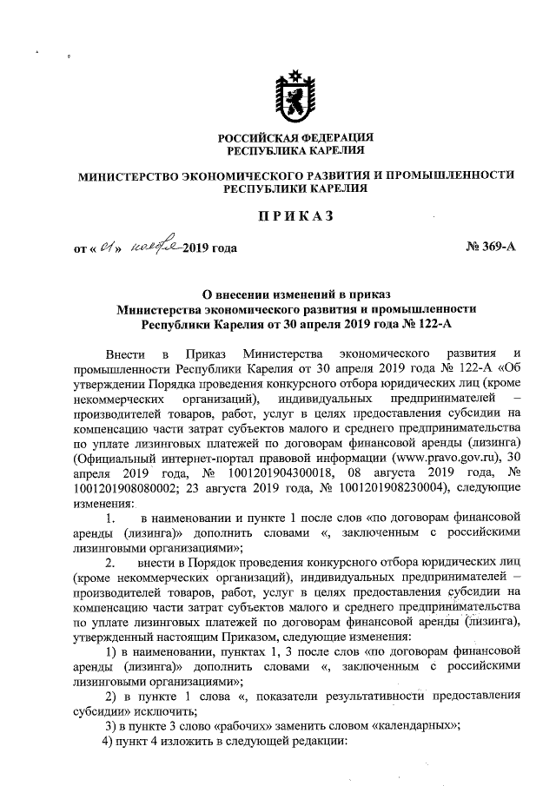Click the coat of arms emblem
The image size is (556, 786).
(295, 95)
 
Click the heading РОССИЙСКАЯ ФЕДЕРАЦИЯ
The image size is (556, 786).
(295, 137)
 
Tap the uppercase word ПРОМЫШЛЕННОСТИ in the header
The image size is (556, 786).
(451, 175)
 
